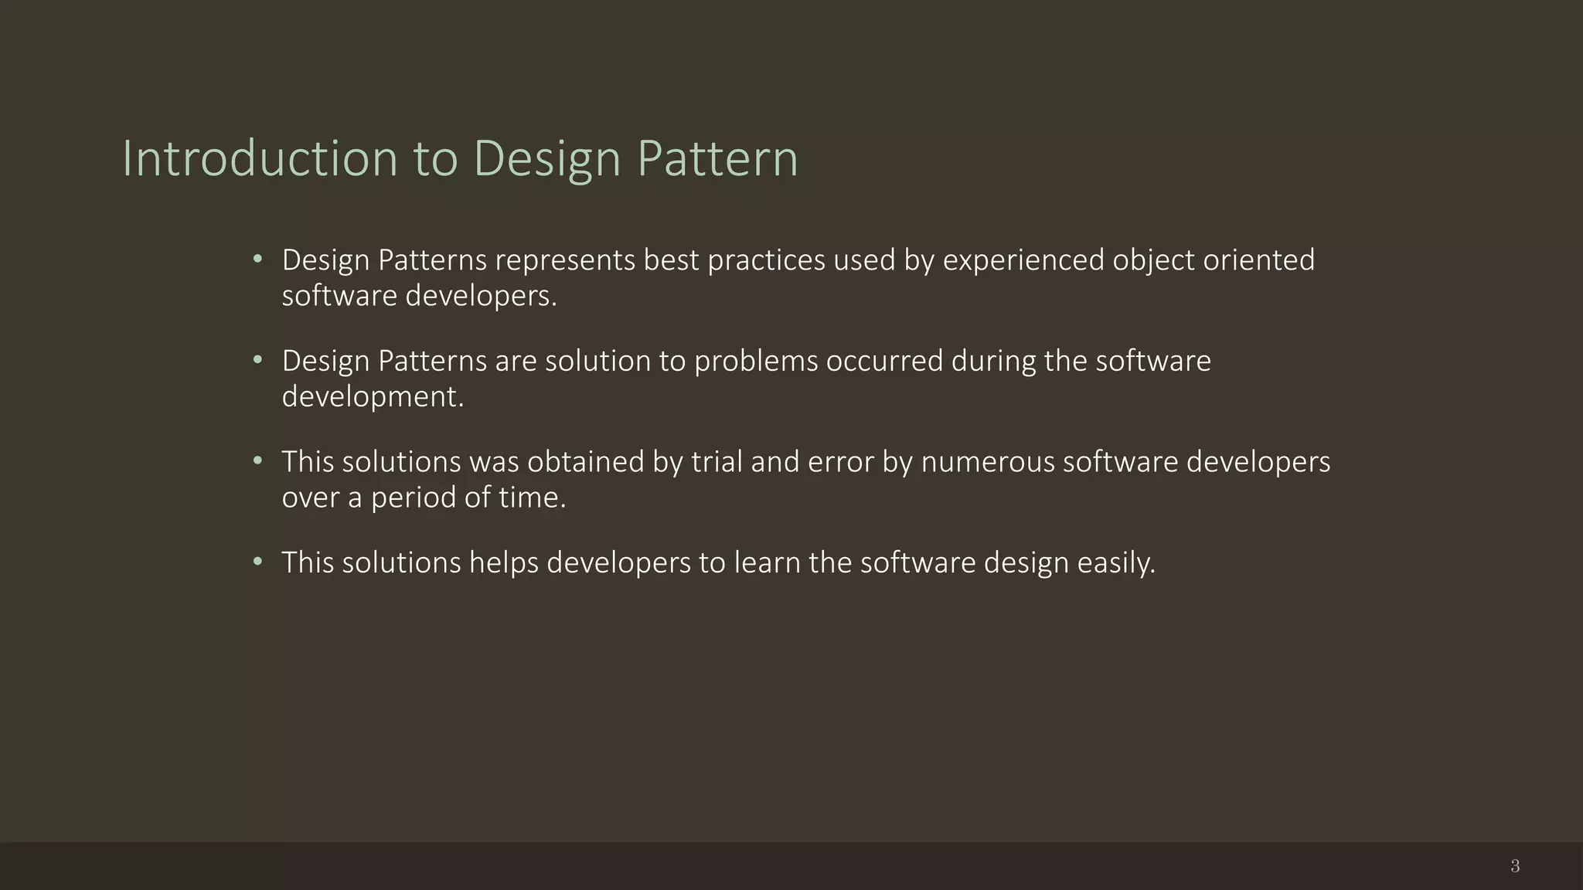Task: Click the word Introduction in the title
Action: coord(260,158)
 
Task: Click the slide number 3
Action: coord(1515,866)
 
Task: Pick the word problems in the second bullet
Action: coord(756,361)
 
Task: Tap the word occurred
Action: coord(884,361)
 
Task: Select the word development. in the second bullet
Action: coord(373,396)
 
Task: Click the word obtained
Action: coord(586,461)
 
